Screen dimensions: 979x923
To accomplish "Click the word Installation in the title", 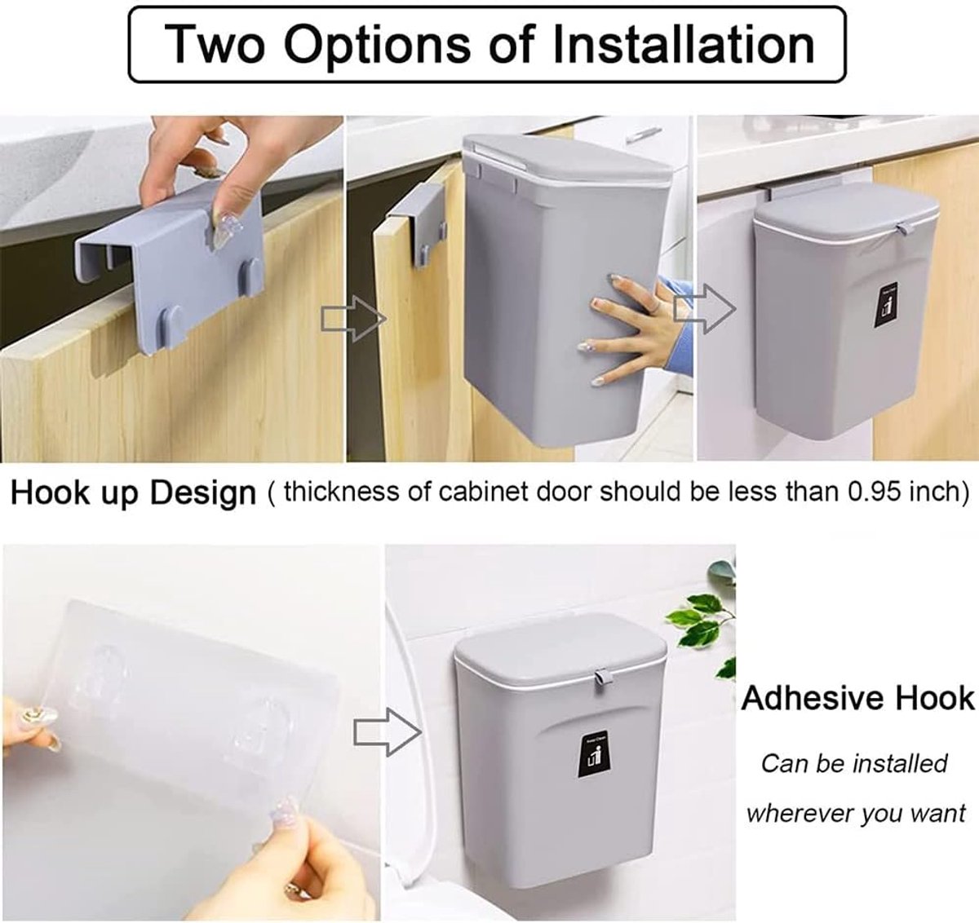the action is (684, 45).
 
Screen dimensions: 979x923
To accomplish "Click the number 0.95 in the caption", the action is (875, 491).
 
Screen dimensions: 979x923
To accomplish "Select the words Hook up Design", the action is (133, 493).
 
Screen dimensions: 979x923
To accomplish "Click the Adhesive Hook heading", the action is (858, 699).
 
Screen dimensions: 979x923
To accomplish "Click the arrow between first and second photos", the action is (353, 319).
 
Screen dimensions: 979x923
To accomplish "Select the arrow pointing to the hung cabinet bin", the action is (705, 310).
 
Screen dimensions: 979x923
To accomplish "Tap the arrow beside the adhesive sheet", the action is (388, 732).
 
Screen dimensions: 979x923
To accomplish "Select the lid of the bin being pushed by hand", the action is (567, 160).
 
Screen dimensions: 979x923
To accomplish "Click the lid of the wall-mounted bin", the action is (560, 646).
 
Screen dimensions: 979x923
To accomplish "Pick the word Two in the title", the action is (215, 45).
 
